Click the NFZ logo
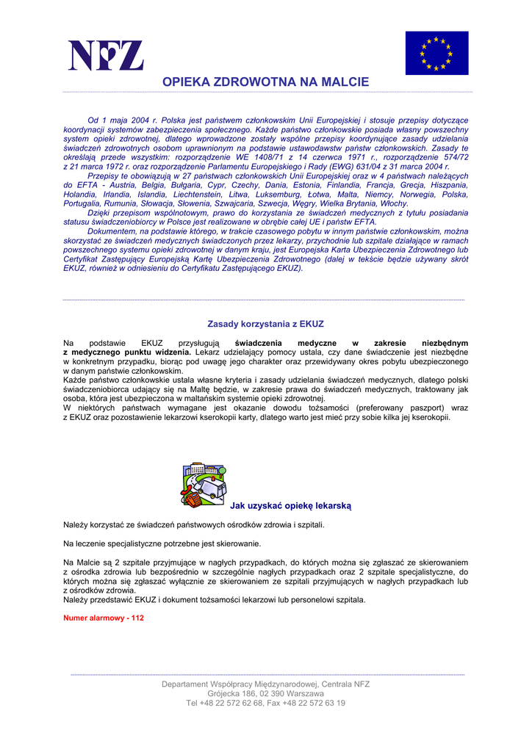(x=106, y=55)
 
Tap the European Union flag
(x=436, y=53)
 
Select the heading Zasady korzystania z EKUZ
(x=265, y=324)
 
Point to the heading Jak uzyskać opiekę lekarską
(x=291, y=505)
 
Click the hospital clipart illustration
(x=204, y=484)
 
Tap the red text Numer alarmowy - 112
(x=104, y=618)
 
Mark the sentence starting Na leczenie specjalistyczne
(x=162, y=544)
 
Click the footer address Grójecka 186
(x=235, y=693)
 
